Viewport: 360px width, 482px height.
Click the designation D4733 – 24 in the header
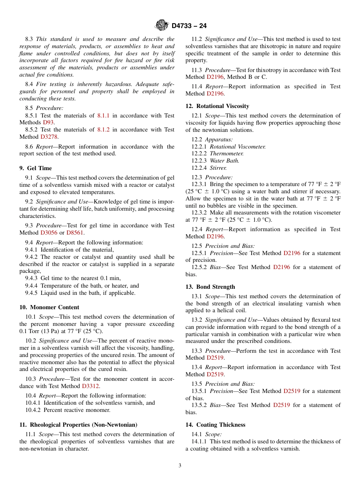coord(189,26)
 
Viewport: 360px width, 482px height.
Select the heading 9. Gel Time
coord(36,168)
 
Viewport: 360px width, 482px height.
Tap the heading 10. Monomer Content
coord(49,307)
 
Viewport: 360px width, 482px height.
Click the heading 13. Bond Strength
coord(210,287)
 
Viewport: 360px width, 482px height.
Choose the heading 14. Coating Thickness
coord(215,425)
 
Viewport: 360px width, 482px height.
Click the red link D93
coord(48,122)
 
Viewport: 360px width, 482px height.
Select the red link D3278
coord(49,137)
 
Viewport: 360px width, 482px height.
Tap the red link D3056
coord(49,233)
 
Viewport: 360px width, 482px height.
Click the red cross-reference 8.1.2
coord(103,130)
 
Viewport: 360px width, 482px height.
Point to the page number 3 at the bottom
coord(180,466)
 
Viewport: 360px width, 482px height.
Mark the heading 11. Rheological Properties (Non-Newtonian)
coord(78,425)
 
